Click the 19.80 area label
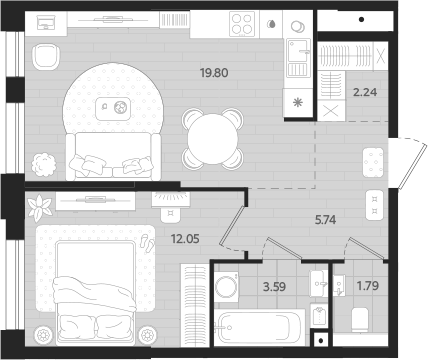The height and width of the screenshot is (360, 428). coord(214,72)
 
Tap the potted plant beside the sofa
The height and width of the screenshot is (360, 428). coord(42,160)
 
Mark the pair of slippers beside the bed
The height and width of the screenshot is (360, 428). coord(148,241)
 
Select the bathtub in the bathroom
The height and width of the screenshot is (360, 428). coord(260,325)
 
